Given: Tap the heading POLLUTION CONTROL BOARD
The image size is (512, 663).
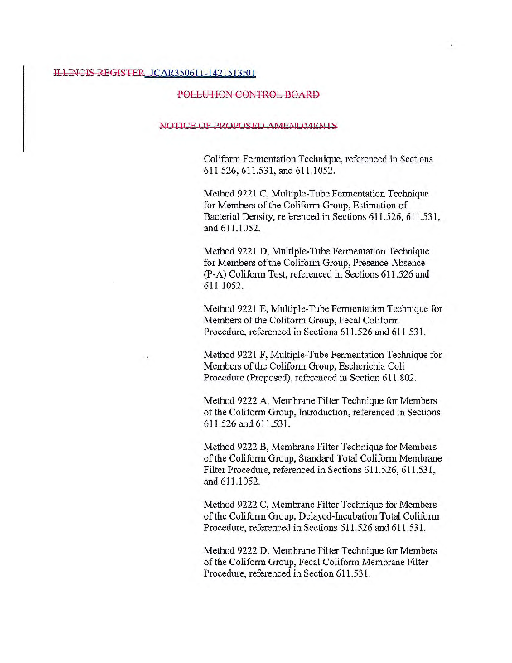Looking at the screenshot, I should [x=249, y=94].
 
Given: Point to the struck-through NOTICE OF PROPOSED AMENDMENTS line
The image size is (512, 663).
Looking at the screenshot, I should [x=249, y=126].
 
